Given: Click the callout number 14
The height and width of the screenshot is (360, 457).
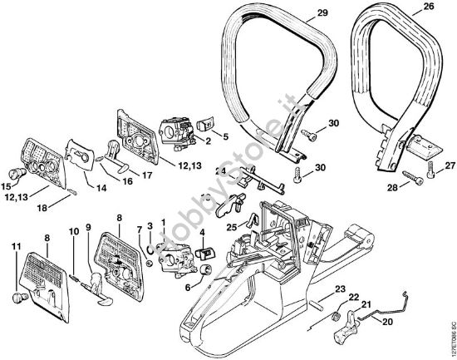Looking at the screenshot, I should pyautogui.click(x=101, y=189).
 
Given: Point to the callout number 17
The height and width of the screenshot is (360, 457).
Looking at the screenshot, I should pyautogui.click(x=146, y=175).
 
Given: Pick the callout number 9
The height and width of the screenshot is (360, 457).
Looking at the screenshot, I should pyautogui.click(x=88, y=227).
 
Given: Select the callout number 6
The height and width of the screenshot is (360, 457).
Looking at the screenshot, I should pyautogui.click(x=188, y=288).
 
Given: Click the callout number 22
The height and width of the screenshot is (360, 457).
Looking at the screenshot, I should pyautogui.click(x=352, y=298).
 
